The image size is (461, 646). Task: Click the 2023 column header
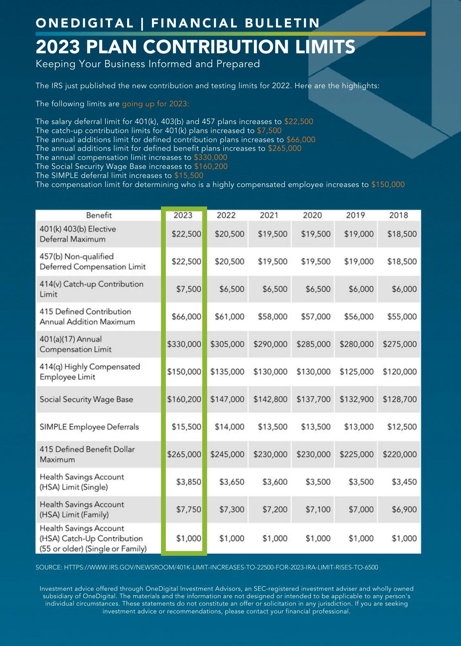[183, 215]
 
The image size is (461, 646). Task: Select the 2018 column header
[398, 215]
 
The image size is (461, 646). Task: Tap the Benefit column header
[99, 215]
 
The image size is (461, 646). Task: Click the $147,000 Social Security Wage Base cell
[227, 399]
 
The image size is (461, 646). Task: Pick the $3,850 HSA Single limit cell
[188, 482]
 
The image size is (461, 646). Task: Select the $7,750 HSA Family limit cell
[188, 509]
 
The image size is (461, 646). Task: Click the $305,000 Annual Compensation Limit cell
[227, 344]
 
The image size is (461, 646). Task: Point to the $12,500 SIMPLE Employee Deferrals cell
[402, 427]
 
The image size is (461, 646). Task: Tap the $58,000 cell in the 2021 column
[273, 317]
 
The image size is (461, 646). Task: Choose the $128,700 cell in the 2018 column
[400, 399]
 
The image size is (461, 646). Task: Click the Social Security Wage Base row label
[86, 399]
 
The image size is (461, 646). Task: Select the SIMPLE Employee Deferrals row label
[89, 427]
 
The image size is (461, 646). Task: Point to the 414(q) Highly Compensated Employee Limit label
[90, 372]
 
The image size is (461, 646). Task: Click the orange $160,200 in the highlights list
[211, 166]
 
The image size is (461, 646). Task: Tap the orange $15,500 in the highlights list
[189, 175]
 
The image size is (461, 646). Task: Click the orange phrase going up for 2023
[155, 104]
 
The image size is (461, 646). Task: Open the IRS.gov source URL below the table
[221, 567]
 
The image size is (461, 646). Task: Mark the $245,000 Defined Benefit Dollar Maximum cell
[227, 454]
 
